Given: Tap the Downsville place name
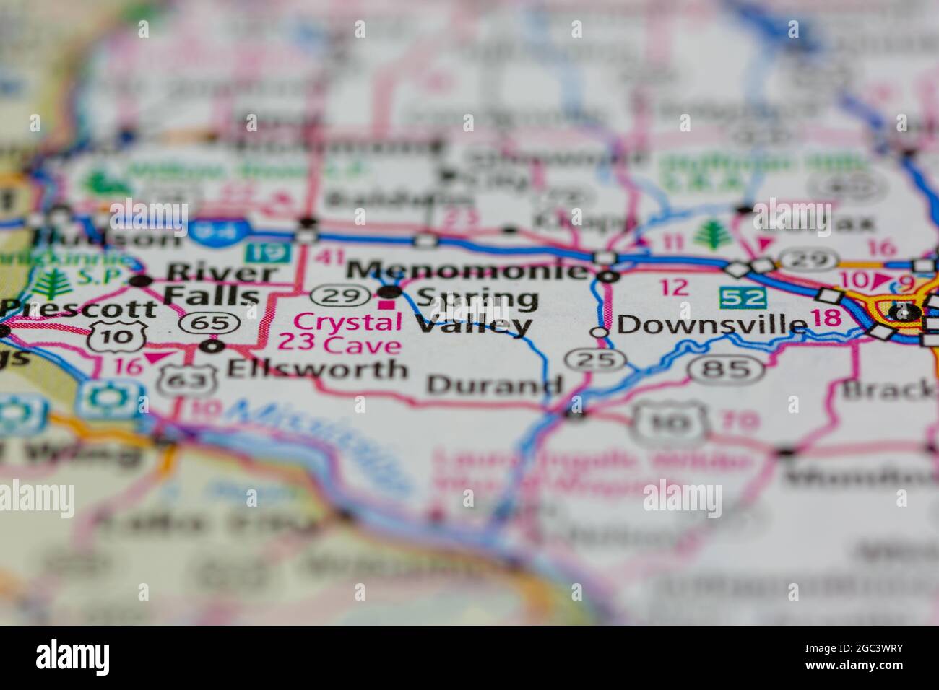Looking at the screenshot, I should pos(711,325).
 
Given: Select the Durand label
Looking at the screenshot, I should pos(494,384).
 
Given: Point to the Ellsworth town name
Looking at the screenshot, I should pos(317,369).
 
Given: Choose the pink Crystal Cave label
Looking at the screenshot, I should pos(339,333).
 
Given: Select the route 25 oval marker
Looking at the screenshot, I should pos(595,359).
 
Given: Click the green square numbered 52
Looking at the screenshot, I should pos(741,297).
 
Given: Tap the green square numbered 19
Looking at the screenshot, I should pos(267,253).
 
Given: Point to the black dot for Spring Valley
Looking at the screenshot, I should pos(390,292).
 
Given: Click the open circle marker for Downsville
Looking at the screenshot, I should pos(599,332).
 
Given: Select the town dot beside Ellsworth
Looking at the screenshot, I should pos(212,347).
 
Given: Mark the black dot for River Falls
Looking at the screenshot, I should pos(141,281).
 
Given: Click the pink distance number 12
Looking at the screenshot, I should pos(673,287).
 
